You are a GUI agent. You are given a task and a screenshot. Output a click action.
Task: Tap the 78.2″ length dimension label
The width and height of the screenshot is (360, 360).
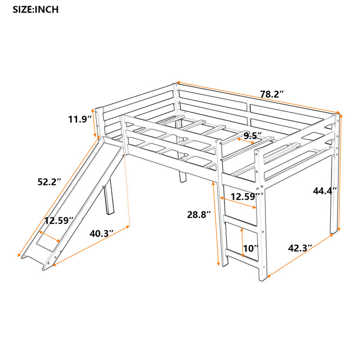click(x=272, y=94)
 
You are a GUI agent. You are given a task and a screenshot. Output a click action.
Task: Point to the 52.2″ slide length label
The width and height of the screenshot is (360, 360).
click(x=48, y=182)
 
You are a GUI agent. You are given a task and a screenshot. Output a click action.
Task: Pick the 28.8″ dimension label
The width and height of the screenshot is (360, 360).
click(x=199, y=215)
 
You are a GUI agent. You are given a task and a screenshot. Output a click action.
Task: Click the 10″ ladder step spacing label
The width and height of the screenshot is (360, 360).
click(x=251, y=248)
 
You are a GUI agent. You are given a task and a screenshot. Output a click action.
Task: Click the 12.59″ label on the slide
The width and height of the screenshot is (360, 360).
click(x=59, y=220)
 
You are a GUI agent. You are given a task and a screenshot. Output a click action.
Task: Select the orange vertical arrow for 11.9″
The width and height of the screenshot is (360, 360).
click(x=95, y=122)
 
